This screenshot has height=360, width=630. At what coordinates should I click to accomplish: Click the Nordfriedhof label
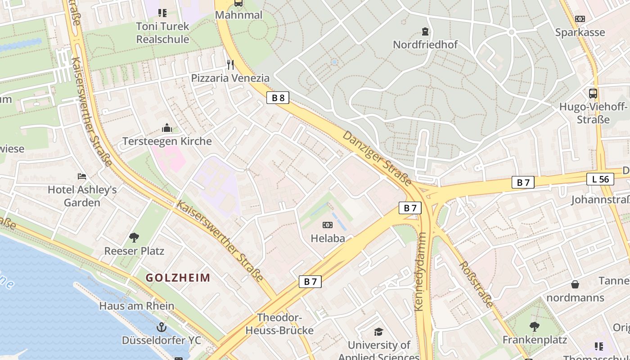click(x=425, y=45)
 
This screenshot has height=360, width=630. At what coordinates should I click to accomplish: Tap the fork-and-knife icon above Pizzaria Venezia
click(x=230, y=65)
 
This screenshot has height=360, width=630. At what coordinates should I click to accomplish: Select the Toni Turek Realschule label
click(x=162, y=33)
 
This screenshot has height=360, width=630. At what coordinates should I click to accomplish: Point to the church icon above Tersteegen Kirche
click(x=167, y=128)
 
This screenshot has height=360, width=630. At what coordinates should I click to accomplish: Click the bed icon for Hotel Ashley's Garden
click(x=81, y=176)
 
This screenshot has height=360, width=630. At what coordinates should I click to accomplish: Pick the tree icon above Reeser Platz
click(x=134, y=237)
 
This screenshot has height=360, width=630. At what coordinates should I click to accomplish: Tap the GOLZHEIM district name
click(x=178, y=278)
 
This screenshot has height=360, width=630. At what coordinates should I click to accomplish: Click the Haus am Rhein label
click(x=136, y=306)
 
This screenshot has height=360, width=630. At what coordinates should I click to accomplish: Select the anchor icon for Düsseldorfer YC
click(x=161, y=327)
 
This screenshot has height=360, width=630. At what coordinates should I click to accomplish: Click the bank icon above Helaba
click(x=328, y=225)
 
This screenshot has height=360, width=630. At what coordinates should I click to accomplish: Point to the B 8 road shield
click(x=278, y=98)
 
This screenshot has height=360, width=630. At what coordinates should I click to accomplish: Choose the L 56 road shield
click(x=600, y=179)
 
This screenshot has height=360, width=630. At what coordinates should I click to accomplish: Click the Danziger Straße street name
click(x=377, y=158)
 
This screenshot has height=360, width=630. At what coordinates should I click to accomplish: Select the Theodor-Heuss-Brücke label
click(x=279, y=324)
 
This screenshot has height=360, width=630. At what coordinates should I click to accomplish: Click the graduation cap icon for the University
click(x=378, y=332)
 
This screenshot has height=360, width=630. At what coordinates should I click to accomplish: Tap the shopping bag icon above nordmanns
click(x=575, y=284)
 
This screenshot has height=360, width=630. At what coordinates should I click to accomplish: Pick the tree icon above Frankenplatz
click(x=534, y=326)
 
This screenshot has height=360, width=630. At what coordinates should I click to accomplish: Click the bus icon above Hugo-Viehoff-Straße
click(x=593, y=94)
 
